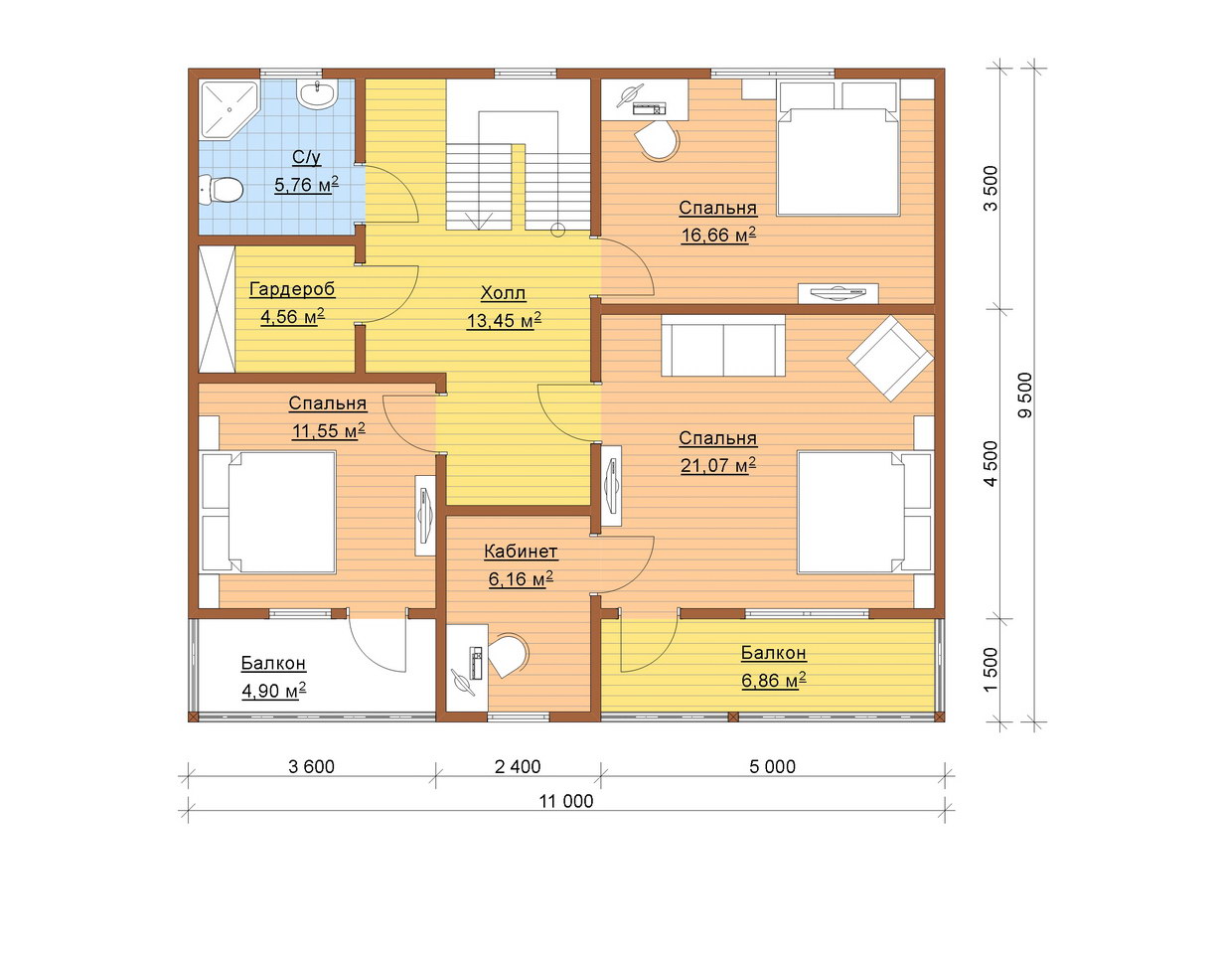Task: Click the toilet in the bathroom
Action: pyautogui.click(x=222, y=189)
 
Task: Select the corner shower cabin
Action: pyautogui.click(x=228, y=109)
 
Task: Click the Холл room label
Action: pyautogui.click(x=503, y=292)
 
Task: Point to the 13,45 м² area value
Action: pyautogui.click(x=504, y=320)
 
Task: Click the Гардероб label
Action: pyautogui.click(x=292, y=289)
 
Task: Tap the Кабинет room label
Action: pyautogui.click(x=521, y=552)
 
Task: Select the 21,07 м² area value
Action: pyautogui.click(x=718, y=465)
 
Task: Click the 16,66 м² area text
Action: pyautogui.click(x=718, y=235)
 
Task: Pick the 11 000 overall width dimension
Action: pyautogui.click(x=566, y=801)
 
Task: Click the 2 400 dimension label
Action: pyautogui.click(x=518, y=766)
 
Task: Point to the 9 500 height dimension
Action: pyautogui.click(x=1024, y=396)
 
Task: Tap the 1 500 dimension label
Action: pyautogui.click(x=991, y=671)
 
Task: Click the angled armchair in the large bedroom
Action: pyautogui.click(x=890, y=358)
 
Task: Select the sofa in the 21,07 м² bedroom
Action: pyautogui.click(x=723, y=345)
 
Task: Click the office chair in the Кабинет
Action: pyautogui.click(x=509, y=655)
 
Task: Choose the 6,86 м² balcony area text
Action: pyautogui.click(x=774, y=681)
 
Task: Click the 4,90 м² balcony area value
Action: pyautogui.click(x=273, y=691)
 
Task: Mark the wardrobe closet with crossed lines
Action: pyautogui.click(x=218, y=309)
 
